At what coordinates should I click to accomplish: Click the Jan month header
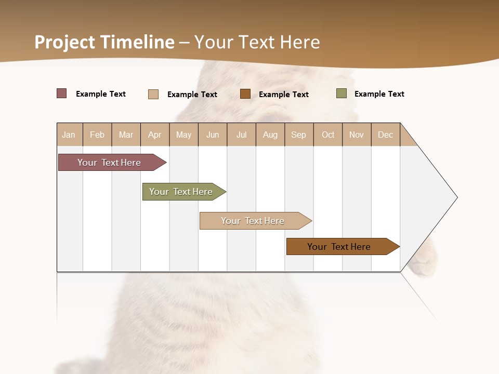[x=69, y=135]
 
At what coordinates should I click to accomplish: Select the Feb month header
[x=97, y=135]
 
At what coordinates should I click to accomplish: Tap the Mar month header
[x=126, y=135]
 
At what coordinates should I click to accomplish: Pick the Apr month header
[x=155, y=135]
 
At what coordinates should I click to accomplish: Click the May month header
[x=183, y=135]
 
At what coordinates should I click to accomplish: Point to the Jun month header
[x=213, y=135]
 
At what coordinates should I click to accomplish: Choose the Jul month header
[x=241, y=135]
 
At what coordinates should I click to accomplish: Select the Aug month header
[x=270, y=135]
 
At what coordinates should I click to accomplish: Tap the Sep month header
[x=299, y=135]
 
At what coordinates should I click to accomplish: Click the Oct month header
[x=328, y=135]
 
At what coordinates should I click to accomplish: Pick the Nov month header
[x=357, y=135]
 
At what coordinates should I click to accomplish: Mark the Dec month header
[x=386, y=135]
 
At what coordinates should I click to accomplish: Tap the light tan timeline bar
[x=253, y=221]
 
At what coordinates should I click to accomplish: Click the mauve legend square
[x=62, y=94]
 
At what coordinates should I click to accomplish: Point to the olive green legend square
[x=342, y=94]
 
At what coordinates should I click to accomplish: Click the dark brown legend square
[x=245, y=94]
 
